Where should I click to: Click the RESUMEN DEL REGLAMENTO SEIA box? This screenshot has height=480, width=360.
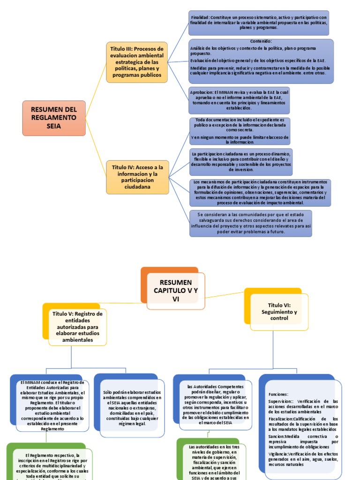coord(53,118)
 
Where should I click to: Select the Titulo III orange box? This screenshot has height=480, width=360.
coord(137,62)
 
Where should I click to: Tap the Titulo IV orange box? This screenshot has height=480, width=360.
coord(137,177)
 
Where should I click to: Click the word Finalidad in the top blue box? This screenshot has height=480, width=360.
coord(199,17)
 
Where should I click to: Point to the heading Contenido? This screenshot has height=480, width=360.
coord(261,41)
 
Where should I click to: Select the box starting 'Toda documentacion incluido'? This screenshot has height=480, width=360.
coord(240,131)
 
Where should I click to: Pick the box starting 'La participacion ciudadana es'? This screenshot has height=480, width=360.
coord(241,161)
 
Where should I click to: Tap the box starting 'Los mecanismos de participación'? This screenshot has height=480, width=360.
coord(260,192)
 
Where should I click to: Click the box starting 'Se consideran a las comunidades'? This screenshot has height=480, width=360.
coord(250,223)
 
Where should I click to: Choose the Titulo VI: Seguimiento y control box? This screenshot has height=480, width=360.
coord(279,311)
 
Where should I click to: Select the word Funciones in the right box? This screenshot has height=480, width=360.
coord(278,394)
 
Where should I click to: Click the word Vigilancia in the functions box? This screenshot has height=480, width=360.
coord(278,454)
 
